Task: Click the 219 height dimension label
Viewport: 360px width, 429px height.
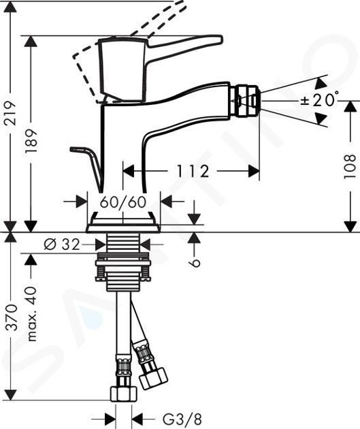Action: pyautogui.click(x=10, y=113)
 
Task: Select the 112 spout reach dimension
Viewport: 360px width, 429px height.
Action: pyautogui.click(x=193, y=172)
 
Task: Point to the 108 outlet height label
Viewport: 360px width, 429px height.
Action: pyautogui.click(x=350, y=166)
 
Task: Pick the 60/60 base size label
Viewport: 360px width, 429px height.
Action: pyautogui.click(x=123, y=203)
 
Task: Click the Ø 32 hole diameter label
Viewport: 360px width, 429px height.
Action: pyautogui.click(x=62, y=244)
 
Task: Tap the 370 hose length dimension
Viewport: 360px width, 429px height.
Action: pyautogui.click(x=11, y=317)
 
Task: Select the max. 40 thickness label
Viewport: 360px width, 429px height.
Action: pyautogui.click(x=32, y=313)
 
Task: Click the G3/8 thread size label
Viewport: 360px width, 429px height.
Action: pyautogui.click(x=182, y=419)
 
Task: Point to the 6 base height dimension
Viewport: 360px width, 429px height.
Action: pyautogui.click(x=195, y=264)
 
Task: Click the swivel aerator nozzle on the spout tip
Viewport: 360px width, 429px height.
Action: pyautogui.click(x=244, y=101)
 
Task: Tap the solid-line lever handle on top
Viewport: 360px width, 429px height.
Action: pyautogui.click(x=160, y=68)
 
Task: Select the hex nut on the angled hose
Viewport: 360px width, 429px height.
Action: pyautogui.click(x=153, y=379)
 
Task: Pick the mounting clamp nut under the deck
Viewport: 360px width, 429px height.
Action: pyautogui.click(x=123, y=267)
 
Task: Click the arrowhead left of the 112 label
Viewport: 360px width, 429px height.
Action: pyautogui.click(x=128, y=172)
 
